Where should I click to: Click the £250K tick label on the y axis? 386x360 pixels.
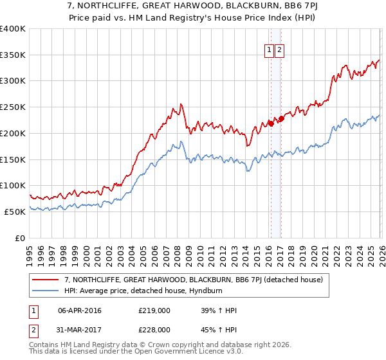coord(13,107)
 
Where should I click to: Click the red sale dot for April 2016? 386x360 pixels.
coord(270,123)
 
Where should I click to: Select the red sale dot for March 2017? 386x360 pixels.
coord(281,119)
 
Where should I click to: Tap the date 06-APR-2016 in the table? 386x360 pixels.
coord(80,310)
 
